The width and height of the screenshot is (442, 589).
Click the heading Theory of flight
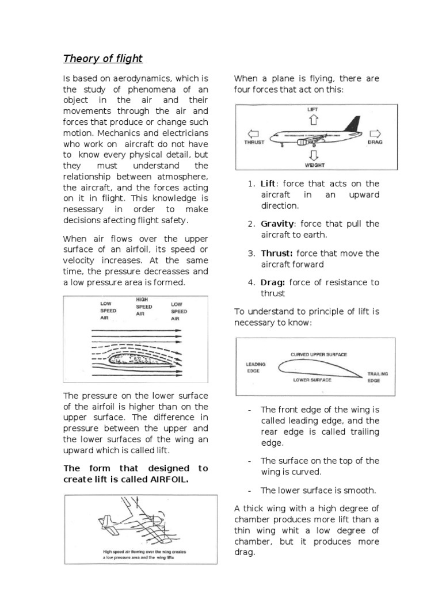(102, 59)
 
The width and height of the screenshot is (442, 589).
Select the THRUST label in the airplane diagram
(254, 141)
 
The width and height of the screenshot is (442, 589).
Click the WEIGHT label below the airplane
(314, 165)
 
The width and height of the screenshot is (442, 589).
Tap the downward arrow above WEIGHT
(314, 155)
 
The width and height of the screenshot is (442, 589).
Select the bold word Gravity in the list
(278, 224)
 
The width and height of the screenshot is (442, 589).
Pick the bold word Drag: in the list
(273, 282)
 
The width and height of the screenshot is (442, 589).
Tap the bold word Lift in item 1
(268, 183)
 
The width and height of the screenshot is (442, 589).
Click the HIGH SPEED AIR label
(144, 307)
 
